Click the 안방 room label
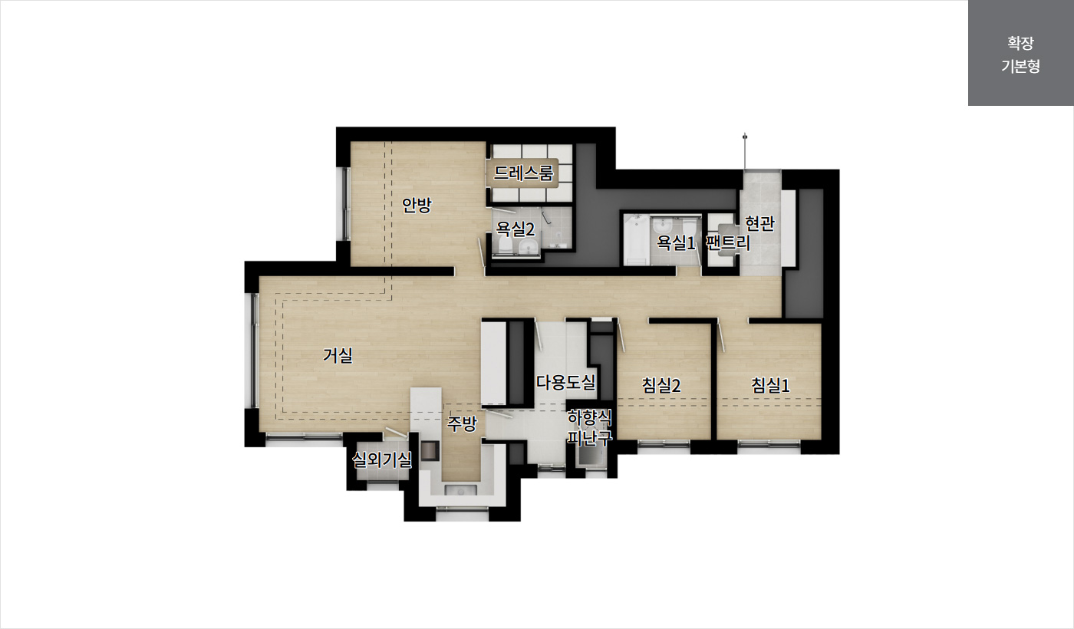(x=416, y=206)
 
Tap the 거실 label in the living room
(x=338, y=355)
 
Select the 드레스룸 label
(x=523, y=173)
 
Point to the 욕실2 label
(x=515, y=229)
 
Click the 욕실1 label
(x=675, y=243)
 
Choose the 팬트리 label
(x=728, y=243)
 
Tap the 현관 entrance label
(x=759, y=223)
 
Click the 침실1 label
(x=770, y=385)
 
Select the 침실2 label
(x=661, y=385)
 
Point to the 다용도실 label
(x=566, y=383)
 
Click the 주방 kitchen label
(x=462, y=423)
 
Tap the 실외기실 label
(x=382, y=460)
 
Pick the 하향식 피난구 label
(x=590, y=428)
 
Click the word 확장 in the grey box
(x=1020, y=43)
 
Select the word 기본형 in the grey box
(x=1020, y=66)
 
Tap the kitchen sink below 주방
(x=461, y=490)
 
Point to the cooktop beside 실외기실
(x=430, y=451)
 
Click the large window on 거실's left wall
(x=252, y=351)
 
